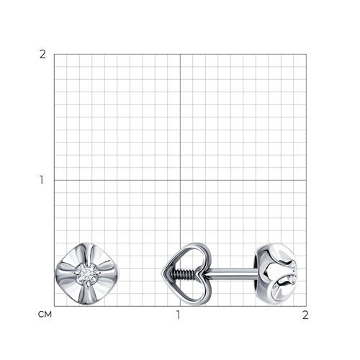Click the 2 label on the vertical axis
[x=42, y=55]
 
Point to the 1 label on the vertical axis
[x=42, y=180]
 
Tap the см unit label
[x=45, y=314]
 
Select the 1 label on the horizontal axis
[x=178, y=315]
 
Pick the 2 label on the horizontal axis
[x=305, y=315]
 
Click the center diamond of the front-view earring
[x=87, y=274]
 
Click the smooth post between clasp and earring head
[x=230, y=274]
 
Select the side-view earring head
[x=276, y=274]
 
